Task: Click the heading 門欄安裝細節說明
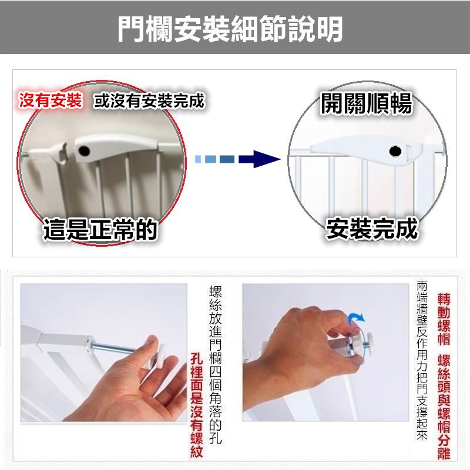[230, 29]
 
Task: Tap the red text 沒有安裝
[51, 100]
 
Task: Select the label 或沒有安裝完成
[149, 100]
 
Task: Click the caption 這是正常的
[100, 229]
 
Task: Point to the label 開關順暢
[366, 104]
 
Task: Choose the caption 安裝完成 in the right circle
[372, 229]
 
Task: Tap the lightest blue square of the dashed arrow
[198, 159]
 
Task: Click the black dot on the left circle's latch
[84, 151]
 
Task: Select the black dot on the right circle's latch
[395, 152]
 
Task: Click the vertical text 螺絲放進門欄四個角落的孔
[215, 365]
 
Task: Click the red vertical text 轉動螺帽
[444, 319]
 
